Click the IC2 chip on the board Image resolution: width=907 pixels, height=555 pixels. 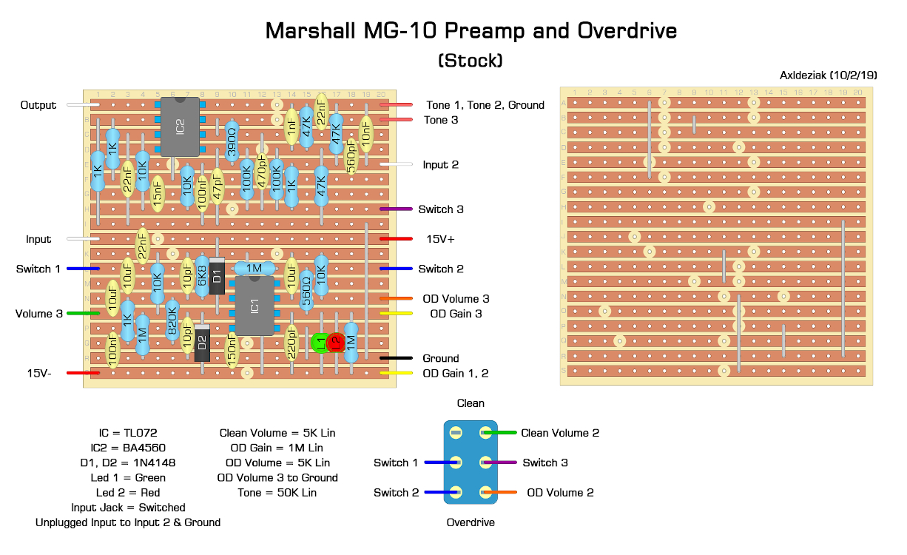click(x=180, y=127)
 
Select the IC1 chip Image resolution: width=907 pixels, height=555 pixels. click(x=254, y=306)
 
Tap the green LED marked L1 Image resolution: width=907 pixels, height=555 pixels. click(x=320, y=343)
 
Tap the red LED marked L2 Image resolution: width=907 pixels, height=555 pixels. click(x=335, y=343)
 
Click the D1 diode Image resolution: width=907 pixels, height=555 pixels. click(x=217, y=276)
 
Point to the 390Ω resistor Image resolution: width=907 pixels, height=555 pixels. click(x=232, y=142)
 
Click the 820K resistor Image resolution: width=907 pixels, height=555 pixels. click(x=172, y=320)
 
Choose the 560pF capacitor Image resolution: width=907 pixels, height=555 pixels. click(x=351, y=156)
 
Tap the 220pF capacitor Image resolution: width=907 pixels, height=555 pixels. click(x=291, y=343)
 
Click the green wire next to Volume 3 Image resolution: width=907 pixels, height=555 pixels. click(x=83, y=314)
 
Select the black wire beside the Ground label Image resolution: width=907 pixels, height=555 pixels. click(x=397, y=358)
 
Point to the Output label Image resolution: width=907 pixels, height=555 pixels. click(x=38, y=105)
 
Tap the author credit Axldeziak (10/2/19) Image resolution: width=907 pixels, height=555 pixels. click(x=828, y=75)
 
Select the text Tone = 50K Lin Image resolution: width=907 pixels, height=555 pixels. click(x=277, y=492)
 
